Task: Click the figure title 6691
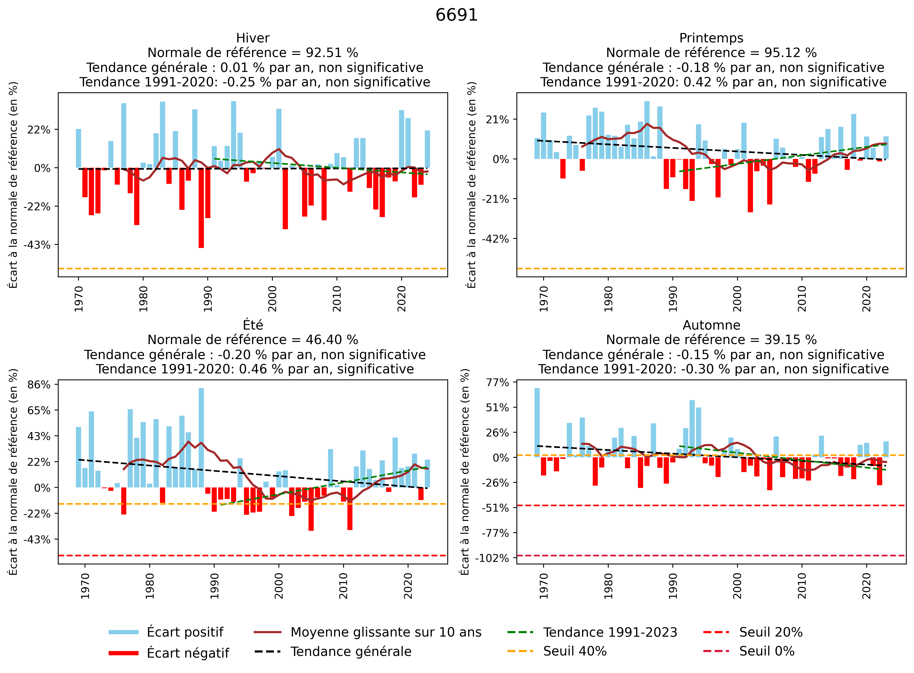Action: pyautogui.click(x=456, y=15)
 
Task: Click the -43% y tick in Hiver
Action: pyautogui.click(x=37, y=245)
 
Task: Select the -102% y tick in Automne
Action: pyautogui.click(x=492, y=558)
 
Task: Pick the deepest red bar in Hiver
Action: pyautogui.click(x=201, y=208)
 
